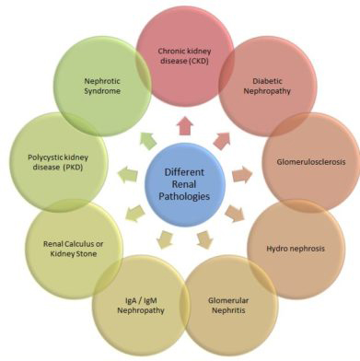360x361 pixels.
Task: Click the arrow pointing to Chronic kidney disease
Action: pyautogui.click(x=185, y=126)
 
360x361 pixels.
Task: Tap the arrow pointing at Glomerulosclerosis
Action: pyautogui.click(x=242, y=174)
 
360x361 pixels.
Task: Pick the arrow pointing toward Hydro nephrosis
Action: pyautogui.click(x=235, y=214)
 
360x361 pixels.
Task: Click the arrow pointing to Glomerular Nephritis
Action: pyautogui.click(x=204, y=239)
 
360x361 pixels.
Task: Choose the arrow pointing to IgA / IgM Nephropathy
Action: pyautogui.click(x=165, y=239)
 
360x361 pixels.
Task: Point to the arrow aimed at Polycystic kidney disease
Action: pyautogui.click(x=128, y=174)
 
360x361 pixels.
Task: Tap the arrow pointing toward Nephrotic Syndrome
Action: pyautogui.click(x=147, y=141)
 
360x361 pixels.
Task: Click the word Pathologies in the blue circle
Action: pyautogui.click(x=184, y=196)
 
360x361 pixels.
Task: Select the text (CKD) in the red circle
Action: pyautogui.click(x=198, y=61)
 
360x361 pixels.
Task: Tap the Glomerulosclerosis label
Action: pyautogui.click(x=311, y=161)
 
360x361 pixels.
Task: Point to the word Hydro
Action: pyautogui.click(x=275, y=248)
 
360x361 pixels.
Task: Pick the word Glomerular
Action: pyautogui.click(x=228, y=300)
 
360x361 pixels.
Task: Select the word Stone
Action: pyautogui.click(x=87, y=254)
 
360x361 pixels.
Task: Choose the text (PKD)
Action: pyautogui.click(x=73, y=168)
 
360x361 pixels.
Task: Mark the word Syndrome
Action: pyautogui.click(x=102, y=91)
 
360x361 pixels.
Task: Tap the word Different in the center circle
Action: pyautogui.click(x=184, y=172)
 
